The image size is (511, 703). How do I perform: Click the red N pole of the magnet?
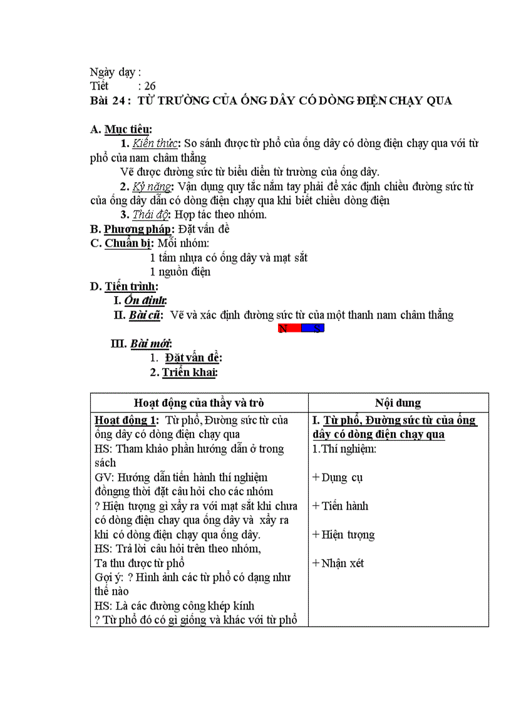coord(289,329)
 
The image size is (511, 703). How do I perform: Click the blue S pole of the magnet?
coord(313,329)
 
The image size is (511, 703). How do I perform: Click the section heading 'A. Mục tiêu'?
coord(121,130)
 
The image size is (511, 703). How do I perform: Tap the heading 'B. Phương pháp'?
coord(132,229)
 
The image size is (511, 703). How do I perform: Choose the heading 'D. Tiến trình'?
coord(124,287)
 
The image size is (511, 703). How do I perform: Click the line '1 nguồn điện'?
coord(180,272)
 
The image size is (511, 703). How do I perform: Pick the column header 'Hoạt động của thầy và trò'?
coord(199,403)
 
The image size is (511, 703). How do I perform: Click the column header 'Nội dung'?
coord(398,403)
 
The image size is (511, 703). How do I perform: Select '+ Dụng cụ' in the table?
coord(338,478)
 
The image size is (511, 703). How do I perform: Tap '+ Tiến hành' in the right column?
coord(340,506)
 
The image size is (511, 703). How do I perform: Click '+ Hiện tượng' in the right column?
coord(343,535)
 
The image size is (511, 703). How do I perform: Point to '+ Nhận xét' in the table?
coord(338,563)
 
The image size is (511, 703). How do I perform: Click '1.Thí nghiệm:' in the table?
coord(344,449)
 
